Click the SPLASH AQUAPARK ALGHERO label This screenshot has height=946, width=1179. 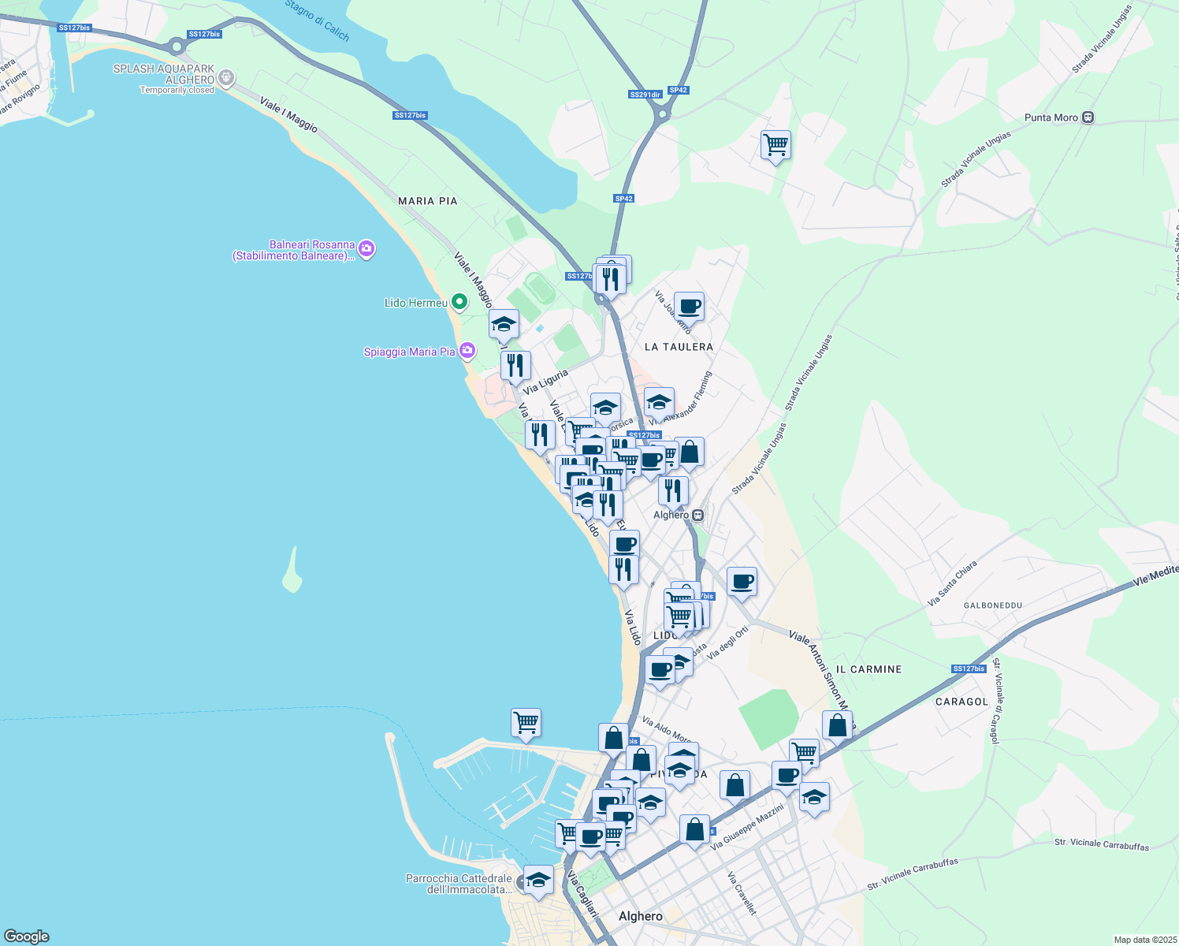pyautogui.click(x=164, y=74)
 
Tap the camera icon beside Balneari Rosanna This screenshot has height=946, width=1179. pyautogui.click(x=366, y=250)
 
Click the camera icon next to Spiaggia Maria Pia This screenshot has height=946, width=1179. pyautogui.click(x=467, y=351)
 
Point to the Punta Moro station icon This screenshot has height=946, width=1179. pyautogui.click(x=1088, y=117)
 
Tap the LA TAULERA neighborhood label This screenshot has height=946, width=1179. pyautogui.click(x=679, y=347)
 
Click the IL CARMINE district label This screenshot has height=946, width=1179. pyautogui.click(x=868, y=669)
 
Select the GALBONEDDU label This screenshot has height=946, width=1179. pyautogui.click(x=993, y=605)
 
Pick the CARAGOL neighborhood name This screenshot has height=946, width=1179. pyautogui.click(x=961, y=702)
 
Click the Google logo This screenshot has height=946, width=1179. pyautogui.click(x=26, y=937)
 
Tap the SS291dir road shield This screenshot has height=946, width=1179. pyautogui.click(x=645, y=95)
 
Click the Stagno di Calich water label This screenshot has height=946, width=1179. pyautogui.click(x=317, y=20)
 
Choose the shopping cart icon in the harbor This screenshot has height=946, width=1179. pyautogui.click(x=526, y=722)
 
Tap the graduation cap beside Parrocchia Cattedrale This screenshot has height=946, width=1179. pyautogui.click(x=538, y=879)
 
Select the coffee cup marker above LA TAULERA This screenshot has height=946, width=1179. pyautogui.click(x=689, y=306)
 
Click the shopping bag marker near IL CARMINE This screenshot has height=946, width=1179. pyautogui.click(x=837, y=725)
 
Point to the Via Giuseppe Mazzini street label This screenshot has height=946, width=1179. pyautogui.click(x=747, y=827)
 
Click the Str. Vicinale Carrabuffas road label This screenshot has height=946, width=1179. pyautogui.click(x=913, y=874)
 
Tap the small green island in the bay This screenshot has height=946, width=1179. pyautogui.click(x=292, y=571)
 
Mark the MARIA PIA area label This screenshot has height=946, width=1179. pyautogui.click(x=427, y=201)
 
